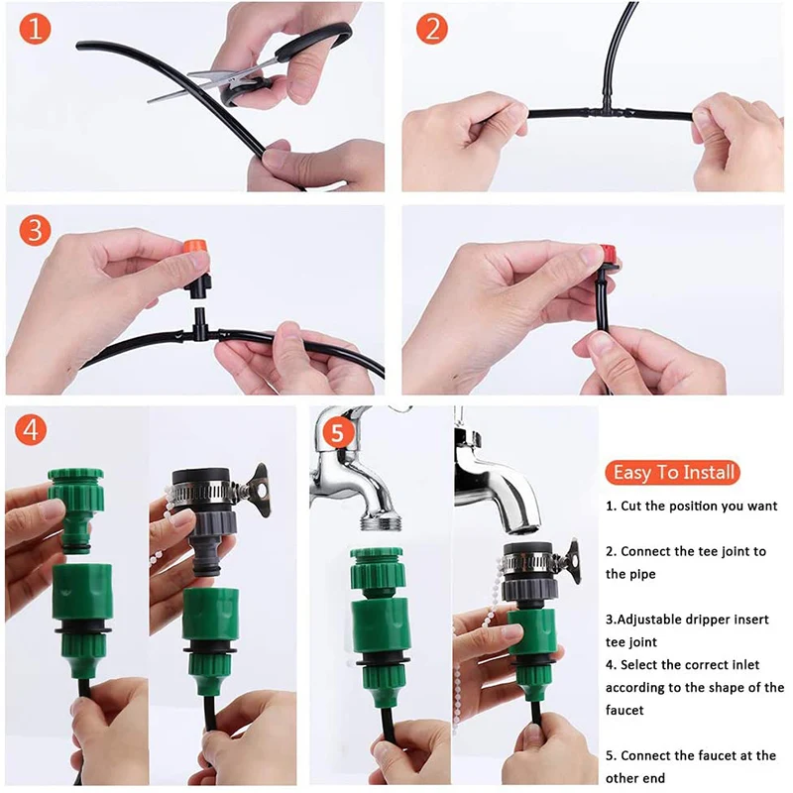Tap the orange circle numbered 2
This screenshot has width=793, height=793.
431,29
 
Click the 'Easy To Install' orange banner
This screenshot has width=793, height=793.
673,472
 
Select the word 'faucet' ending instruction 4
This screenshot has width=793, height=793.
626,710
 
